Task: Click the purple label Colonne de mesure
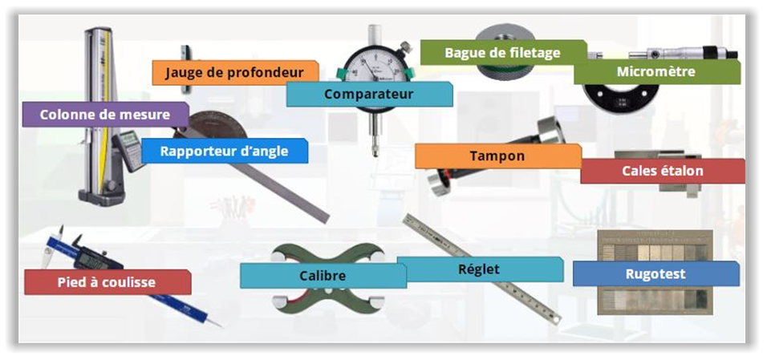105,115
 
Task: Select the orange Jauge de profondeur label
235,73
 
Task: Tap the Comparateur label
369,94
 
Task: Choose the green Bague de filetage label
503,52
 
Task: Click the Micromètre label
657,72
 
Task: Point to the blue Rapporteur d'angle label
225,151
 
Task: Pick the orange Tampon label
498,156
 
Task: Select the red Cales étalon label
663,171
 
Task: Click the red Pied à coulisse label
108,282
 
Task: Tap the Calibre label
323,275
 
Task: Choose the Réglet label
480,269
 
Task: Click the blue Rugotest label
656,273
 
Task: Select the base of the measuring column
101,195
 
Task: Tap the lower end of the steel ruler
556,321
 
